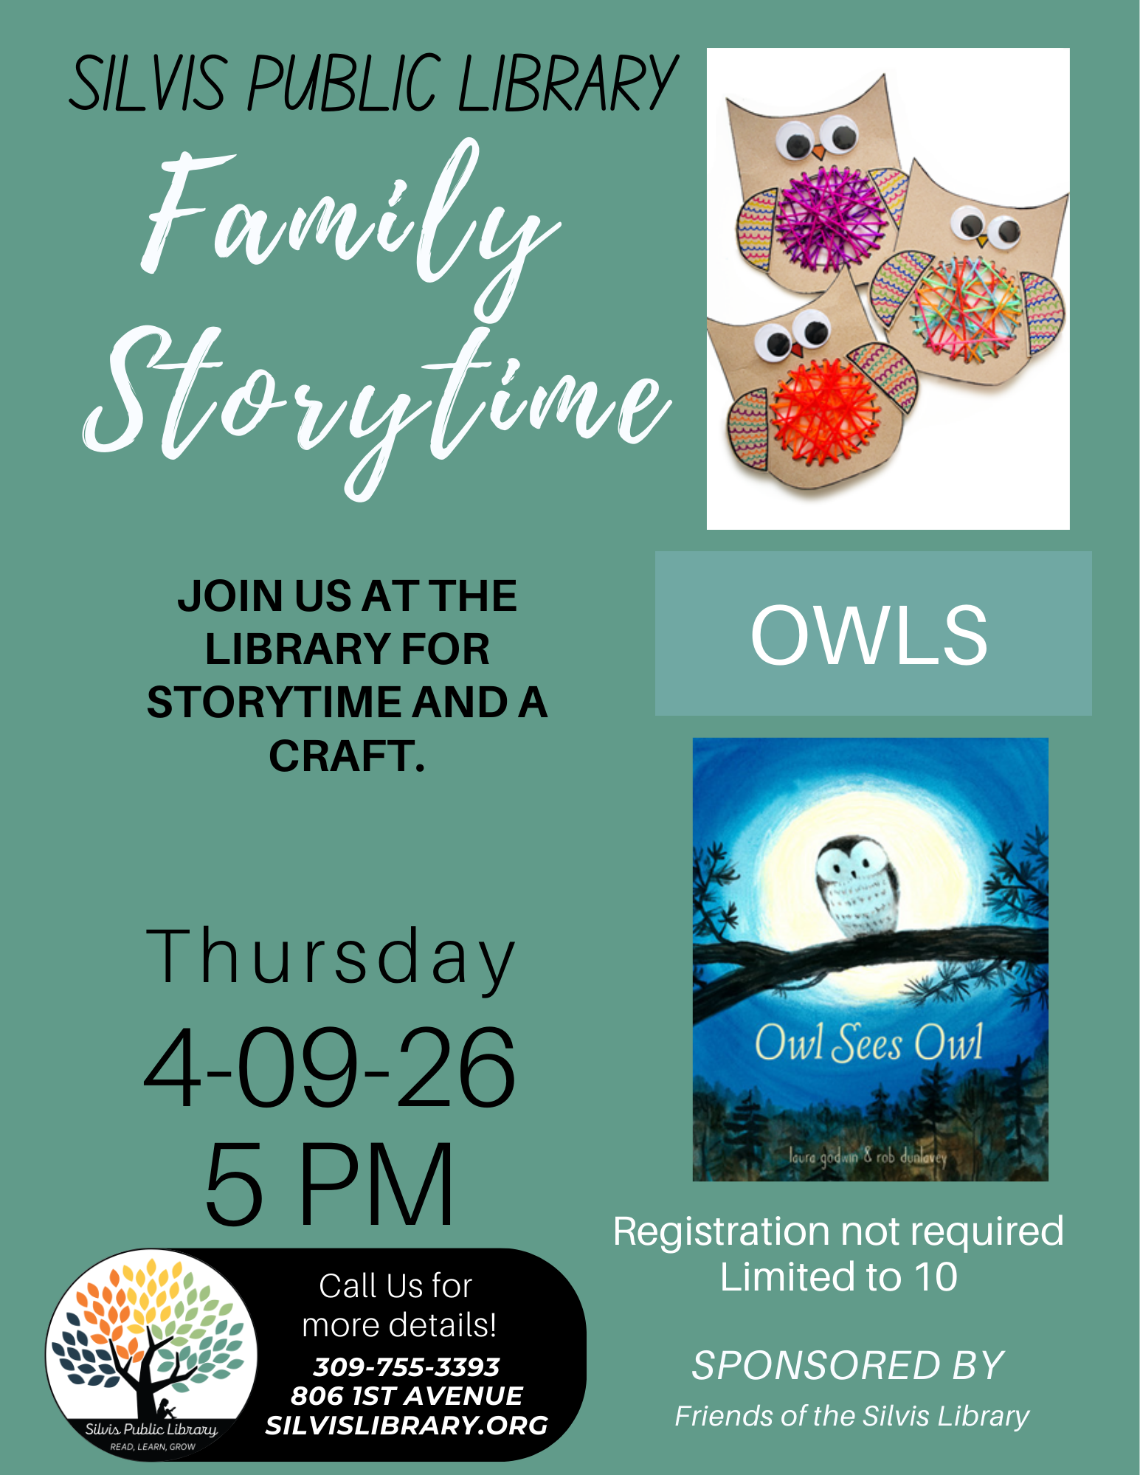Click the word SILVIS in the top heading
148,83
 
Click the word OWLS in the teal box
869,635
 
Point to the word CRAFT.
347,756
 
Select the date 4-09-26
330,1068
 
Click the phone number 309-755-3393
407,1367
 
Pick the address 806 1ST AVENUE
407,1396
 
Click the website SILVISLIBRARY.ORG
407,1426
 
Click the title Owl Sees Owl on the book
869,1043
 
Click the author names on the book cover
868,1156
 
